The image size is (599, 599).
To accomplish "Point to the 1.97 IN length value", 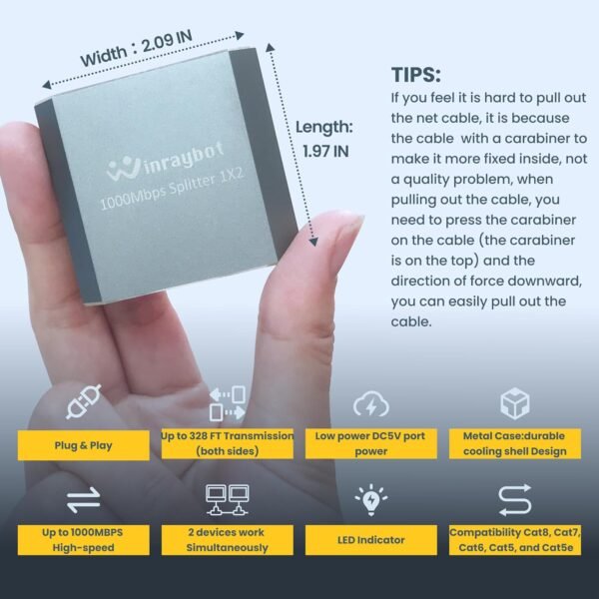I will pos(325,151).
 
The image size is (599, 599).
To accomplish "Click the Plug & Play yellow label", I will pos(83,444).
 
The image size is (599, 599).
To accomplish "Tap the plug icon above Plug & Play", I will pos(83,405).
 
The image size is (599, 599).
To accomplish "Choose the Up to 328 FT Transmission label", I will pos(228,443).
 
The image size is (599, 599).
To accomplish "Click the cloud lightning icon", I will pos(371,405).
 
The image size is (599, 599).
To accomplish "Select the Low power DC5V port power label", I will pos(371,443).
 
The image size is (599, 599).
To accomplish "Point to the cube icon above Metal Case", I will pos(515,403).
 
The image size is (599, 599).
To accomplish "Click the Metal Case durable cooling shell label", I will pos(515,443).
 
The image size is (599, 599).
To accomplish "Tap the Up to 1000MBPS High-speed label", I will pos(83,540).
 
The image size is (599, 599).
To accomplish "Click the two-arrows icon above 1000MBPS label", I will pos(83,499).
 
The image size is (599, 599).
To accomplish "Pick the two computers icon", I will pos(228,498).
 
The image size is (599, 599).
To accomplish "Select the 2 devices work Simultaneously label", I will pos(228,540).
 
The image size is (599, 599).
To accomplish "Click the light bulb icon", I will pos(371,498).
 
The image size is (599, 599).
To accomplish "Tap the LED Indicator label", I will pos(371,540).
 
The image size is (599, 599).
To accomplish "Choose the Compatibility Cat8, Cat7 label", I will pos(515,540).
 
